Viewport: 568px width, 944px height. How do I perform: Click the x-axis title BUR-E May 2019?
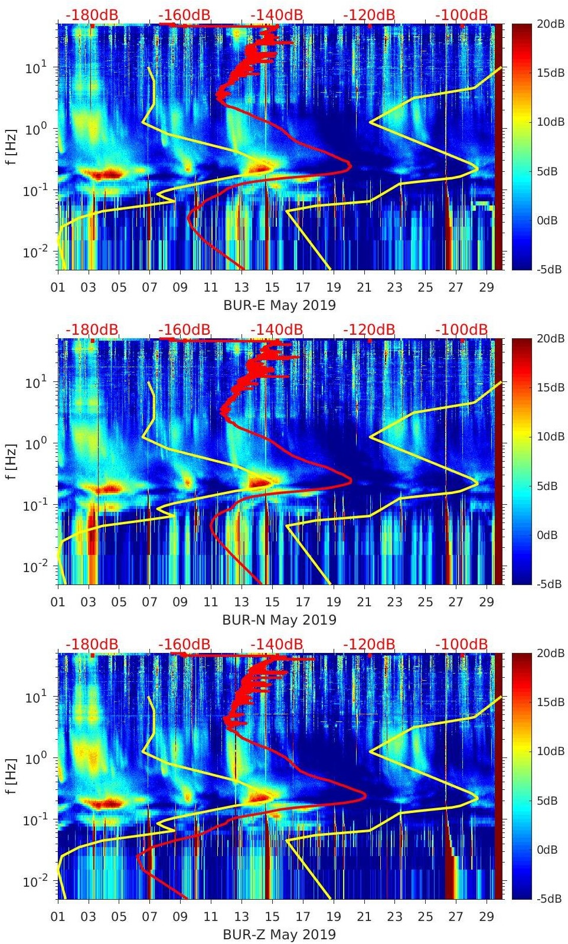pos(279,305)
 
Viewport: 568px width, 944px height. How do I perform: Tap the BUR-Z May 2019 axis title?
pos(279,935)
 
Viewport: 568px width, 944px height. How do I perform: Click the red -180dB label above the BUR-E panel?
pos(92,15)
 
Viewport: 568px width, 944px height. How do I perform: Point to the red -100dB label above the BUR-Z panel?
pos(461,644)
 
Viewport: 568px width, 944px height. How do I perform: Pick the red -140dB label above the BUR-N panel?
pos(276,329)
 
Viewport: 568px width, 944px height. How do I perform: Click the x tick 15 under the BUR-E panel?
pos(272,288)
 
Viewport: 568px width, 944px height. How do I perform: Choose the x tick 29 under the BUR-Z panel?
pos(487,917)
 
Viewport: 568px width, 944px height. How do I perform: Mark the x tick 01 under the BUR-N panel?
pos(58,602)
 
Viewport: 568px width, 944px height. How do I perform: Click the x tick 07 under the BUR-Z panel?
pos(150,917)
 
